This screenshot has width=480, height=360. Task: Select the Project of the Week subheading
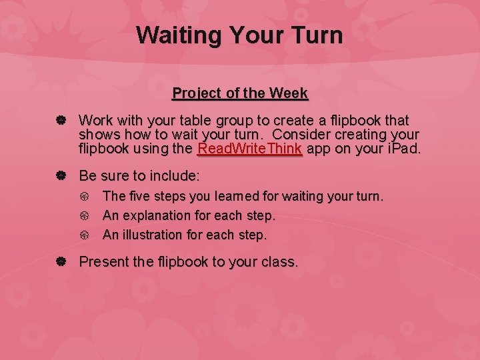(x=240, y=93)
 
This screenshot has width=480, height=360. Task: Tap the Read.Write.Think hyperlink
(x=250, y=148)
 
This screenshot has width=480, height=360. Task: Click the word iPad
(x=401, y=148)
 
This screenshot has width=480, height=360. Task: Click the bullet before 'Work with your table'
(x=60, y=121)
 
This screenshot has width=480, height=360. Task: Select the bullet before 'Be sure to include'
(x=60, y=176)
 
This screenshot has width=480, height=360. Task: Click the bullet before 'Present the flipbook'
(x=60, y=262)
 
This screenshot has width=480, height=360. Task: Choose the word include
(x=175, y=176)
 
